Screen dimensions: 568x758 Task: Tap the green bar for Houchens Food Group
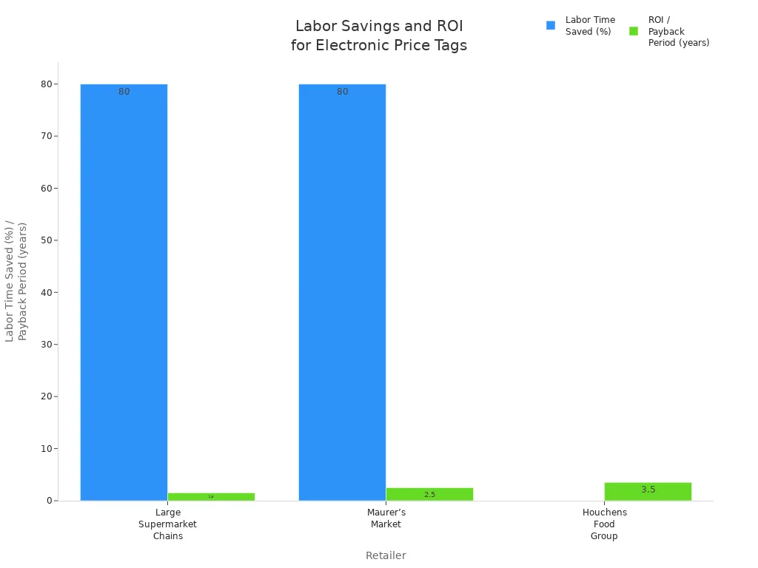[x=648, y=492]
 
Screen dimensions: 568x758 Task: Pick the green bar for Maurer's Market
[x=429, y=494]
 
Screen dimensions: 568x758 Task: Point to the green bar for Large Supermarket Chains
[x=211, y=497]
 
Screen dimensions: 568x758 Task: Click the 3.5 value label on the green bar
[x=648, y=490]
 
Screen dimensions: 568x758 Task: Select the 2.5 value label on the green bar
[x=429, y=494]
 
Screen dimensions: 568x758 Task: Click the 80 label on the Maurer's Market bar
[x=342, y=92]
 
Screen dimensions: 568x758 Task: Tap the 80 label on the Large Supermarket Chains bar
[x=124, y=92]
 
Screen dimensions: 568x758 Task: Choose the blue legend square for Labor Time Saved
[x=551, y=25]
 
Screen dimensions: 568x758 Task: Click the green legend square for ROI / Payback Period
[x=634, y=31]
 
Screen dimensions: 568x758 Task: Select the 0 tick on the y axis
[x=50, y=501]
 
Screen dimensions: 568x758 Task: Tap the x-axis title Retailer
[x=386, y=555]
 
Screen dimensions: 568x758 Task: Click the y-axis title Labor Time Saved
[x=16, y=281]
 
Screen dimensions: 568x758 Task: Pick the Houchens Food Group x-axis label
[x=604, y=524]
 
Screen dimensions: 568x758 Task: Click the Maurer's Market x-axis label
[x=386, y=518]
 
